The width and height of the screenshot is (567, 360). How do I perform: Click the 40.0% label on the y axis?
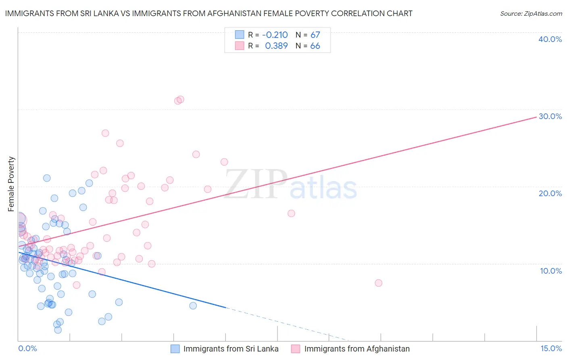[550, 39]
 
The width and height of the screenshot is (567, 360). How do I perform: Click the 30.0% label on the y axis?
[550, 116]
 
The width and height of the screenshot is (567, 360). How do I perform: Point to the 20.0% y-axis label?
[550, 193]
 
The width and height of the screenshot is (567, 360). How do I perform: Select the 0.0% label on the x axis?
[27, 348]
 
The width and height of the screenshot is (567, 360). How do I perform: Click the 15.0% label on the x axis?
[551, 348]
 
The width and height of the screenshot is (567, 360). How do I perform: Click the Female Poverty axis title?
[11, 184]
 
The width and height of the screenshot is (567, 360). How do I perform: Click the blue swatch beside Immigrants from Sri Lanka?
[175, 349]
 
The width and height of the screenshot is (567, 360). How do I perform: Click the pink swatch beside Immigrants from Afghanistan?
[296, 349]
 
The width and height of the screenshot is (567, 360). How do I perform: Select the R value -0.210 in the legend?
[275, 35]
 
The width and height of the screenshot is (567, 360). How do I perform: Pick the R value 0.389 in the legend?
[276, 46]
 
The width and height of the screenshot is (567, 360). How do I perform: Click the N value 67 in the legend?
[315, 35]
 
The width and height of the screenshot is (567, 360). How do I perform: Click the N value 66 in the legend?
[315, 46]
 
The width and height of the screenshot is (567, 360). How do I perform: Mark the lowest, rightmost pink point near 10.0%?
[378, 283]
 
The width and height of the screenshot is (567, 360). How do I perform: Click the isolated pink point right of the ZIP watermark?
[291, 213]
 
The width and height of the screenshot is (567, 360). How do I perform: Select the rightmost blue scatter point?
[193, 306]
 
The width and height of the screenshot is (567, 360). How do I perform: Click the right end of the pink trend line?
[536, 117]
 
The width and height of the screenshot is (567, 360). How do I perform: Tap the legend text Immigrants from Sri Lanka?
[231, 349]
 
